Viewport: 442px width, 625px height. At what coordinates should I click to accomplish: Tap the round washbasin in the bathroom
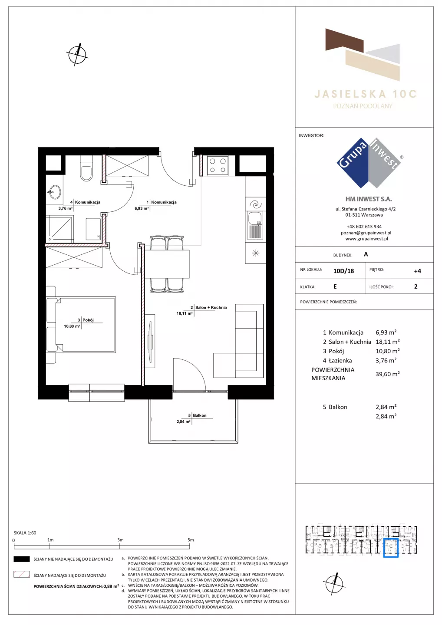[x=55, y=192]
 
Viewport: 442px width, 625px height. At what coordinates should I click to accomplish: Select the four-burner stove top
[x=218, y=165]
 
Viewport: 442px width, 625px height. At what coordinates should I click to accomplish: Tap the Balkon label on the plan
[x=200, y=415]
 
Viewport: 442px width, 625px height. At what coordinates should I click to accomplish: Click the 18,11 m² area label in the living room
[x=184, y=313]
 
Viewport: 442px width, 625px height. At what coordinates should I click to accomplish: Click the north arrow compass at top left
[x=77, y=54]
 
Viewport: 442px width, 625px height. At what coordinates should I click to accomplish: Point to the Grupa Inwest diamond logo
[x=369, y=163]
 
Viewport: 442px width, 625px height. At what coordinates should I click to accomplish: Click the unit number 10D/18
[x=343, y=271]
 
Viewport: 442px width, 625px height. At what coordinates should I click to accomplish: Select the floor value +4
[x=417, y=271]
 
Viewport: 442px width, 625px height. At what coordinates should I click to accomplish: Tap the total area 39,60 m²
[x=388, y=374]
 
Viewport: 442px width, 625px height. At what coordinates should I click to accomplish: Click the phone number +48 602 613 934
[x=364, y=227]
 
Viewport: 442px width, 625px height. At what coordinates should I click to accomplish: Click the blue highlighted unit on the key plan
[x=391, y=548]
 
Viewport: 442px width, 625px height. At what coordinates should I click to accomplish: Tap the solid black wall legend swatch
[x=21, y=559]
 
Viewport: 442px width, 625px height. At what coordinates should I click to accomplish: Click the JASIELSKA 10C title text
[x=365, y=94]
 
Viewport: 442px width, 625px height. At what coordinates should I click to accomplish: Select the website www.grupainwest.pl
[x=366, y=239]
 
